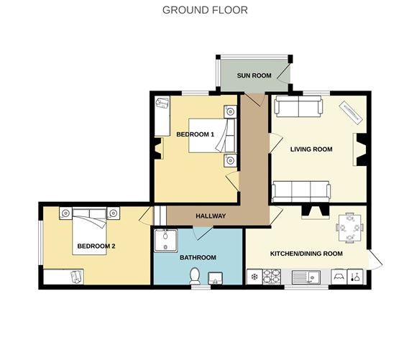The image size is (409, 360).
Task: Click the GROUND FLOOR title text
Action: [x=205, y=10]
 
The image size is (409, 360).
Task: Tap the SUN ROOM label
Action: [x=254, y=75]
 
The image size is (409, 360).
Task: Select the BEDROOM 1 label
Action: [x=196, y=134]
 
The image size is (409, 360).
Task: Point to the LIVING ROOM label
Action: [x=311, y=149]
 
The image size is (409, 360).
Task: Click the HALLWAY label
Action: [x=211, y=216]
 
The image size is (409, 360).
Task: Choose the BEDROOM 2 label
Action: [x=96, y=246]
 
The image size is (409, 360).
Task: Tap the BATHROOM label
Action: [x=198, y=257]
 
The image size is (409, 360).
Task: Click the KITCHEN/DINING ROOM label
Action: [x=305, y=254]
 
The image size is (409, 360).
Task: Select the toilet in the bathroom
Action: [x=194, y=277]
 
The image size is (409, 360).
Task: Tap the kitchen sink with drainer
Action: [x=308, y=277]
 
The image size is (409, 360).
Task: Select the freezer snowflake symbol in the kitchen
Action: [x=254, y=276]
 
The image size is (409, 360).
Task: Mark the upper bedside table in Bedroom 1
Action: [x=229, y=111]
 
